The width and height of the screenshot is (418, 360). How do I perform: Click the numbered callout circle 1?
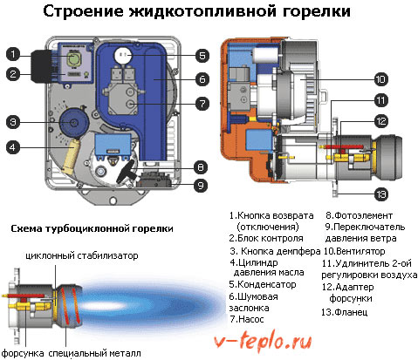coord(13,54)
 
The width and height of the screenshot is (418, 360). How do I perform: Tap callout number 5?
coord(202,56)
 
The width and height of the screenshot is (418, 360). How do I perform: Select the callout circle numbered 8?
coord(201,167)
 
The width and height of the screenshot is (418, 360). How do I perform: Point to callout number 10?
coord(380,79)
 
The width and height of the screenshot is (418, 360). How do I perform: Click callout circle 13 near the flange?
coord(380,194)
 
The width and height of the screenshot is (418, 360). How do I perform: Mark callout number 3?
coord(13,122)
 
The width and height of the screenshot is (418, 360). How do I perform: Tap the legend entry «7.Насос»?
coord(247,319)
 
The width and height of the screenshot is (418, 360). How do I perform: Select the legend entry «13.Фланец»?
coord(344,312)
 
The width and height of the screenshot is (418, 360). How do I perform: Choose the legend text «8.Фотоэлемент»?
coord(359,215)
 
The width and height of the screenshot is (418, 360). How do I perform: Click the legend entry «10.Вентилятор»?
coord(354,251)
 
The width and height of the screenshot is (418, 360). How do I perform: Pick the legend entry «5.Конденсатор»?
coord(263,284)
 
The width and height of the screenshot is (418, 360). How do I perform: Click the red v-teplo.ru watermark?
coord(263,342)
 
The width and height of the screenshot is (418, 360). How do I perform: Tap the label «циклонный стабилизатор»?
coord(82,256)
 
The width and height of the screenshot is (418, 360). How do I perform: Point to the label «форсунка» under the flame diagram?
coord(23,353)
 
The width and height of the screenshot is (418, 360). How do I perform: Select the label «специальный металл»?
coord(94,353)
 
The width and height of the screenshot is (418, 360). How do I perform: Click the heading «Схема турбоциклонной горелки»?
coord(92,228)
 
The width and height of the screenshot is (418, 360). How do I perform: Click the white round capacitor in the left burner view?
coord(123,55)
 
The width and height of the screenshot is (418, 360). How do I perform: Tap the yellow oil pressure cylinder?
coord(71,156)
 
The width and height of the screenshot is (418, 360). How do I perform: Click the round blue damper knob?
coord(73,122)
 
